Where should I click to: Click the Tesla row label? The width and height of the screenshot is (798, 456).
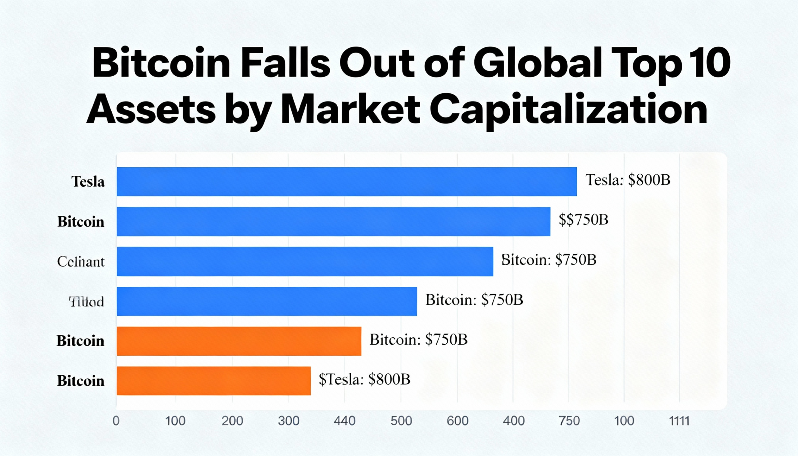point(88,182)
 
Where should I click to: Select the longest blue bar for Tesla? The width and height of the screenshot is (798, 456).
point(346,182)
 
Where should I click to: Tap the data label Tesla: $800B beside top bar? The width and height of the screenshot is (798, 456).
point(627,180)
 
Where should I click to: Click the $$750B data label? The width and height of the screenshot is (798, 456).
point(584,219)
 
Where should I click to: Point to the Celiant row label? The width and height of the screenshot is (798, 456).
point(81,262)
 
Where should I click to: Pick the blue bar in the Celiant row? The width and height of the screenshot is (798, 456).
point(305,262)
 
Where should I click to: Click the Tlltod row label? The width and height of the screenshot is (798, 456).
point(86,302)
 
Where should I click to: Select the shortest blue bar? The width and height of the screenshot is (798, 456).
point(267,301)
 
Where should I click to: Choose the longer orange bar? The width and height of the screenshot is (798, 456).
point(239,341)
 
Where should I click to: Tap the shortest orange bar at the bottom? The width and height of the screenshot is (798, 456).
point(214,381)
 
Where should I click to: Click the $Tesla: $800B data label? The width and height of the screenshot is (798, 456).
point(364,379)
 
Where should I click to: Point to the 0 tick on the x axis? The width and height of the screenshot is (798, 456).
point(116,421)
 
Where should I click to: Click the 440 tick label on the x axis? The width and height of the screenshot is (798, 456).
point(344,421)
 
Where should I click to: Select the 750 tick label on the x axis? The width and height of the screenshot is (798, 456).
point(569,421)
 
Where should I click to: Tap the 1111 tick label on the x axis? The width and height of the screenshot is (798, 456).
point(679,421)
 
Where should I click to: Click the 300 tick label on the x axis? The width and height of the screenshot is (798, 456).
point(288,421)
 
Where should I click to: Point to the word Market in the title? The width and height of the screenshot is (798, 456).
point(350,110)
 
